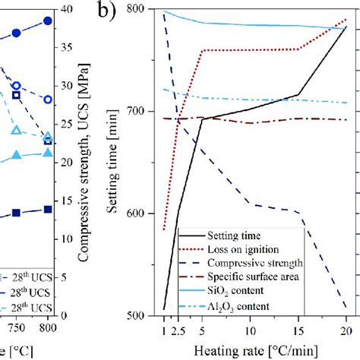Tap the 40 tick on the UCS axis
(67, 9)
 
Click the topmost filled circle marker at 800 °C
(48, 21)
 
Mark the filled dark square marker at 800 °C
(48, 209)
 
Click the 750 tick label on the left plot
(15, 328)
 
